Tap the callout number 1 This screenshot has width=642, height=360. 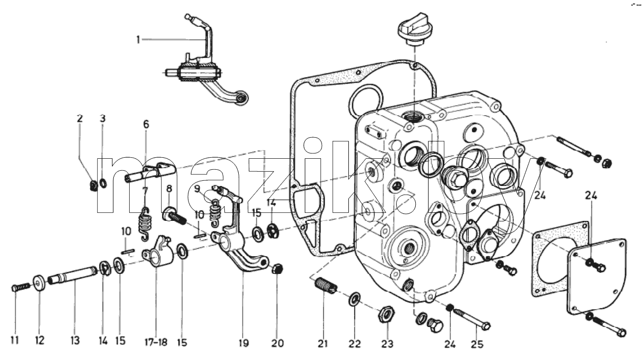(138, 39)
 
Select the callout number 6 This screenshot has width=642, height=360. (146, 124)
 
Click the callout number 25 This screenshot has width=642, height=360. (477, 344)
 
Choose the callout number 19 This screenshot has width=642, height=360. (244, 342)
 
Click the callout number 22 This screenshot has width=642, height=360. (354, 343)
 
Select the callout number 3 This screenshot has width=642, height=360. (102, 118)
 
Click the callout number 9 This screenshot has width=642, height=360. (197, 189)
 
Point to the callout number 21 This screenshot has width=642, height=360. (323, 343)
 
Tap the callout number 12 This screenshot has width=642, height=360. (40, 340)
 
